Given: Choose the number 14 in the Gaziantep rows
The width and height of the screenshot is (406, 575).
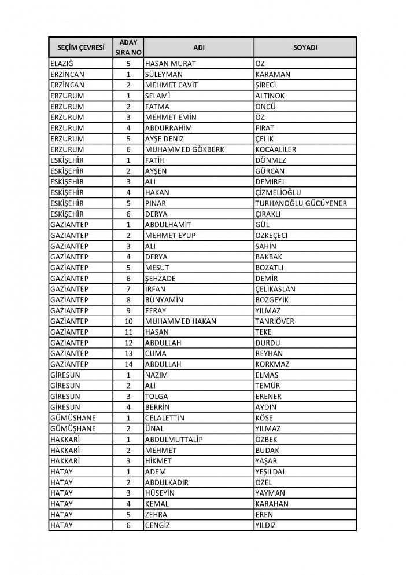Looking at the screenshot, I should tap(129, 364).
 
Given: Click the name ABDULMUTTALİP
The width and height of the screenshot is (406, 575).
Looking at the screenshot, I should tap(174, 439).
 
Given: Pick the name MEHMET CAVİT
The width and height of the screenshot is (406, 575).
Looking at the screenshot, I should tap(172, 85).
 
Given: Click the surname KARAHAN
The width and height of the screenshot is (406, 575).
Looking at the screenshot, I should tap(273, 504).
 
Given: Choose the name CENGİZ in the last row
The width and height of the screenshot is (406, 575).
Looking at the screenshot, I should tap(159, 525).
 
